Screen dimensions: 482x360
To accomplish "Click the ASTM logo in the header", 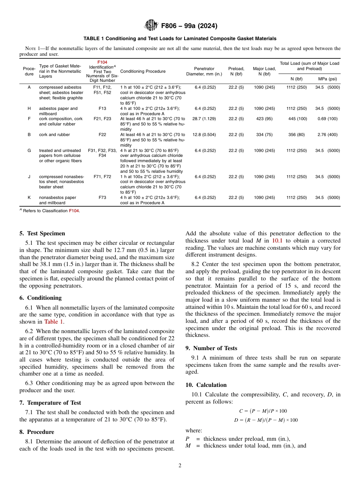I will (x=151, y=26).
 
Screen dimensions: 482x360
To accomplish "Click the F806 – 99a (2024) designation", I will (x=189, y=26).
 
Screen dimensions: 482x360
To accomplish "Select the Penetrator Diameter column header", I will (x=204, y=71).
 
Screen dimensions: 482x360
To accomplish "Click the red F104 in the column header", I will (x=102, y=62).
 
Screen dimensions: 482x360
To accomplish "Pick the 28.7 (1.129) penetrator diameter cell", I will (x=204, y=119).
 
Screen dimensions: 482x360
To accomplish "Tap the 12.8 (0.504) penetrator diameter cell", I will (x=204, y=135).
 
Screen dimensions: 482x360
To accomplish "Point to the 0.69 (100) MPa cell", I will (x=327, y=119).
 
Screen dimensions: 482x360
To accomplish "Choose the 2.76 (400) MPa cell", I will (x=327, y=135).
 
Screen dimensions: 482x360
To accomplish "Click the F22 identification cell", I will (x=102, y=135).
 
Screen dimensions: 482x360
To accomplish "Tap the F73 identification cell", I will (x=102, y=198).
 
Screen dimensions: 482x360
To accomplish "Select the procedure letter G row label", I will (x=29, y=151).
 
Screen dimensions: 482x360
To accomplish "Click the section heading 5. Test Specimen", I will (x=42, y=233).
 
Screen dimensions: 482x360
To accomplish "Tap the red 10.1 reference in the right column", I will (x=277, y=241).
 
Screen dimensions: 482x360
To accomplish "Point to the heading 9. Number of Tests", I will (x=211, y=348).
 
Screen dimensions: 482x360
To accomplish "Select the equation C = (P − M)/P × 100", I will (x=263, y=411).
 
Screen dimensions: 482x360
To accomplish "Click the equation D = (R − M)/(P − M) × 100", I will (x=263, y=420).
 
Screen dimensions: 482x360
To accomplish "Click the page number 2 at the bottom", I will (x=180, y=466).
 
